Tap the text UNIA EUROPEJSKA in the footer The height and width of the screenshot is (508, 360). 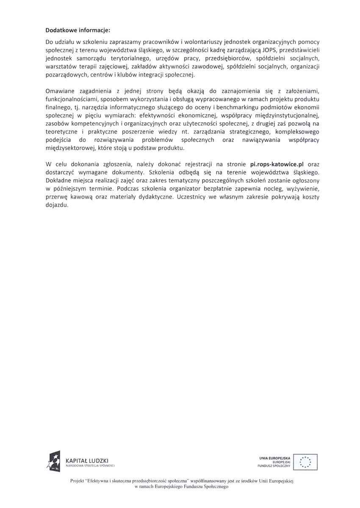(274, 458)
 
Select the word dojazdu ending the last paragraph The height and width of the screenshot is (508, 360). (56, 205)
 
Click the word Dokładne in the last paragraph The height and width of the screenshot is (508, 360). (58, 181)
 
